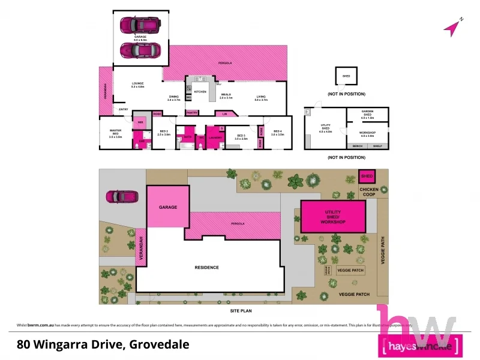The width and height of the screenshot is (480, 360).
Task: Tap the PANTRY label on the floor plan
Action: pyautogui.click(x=192, y=113)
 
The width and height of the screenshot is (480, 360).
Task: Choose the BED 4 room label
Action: pyautogui.click(x=277, y=133)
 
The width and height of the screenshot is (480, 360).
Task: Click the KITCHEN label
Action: pyautogui.click(x=200, y=92)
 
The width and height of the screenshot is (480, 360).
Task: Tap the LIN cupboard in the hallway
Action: pyautogui.click(x=225, y=113)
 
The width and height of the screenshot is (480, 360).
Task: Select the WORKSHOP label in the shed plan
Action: pyautogui.click(x=367, y=133)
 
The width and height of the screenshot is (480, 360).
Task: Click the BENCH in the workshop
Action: pyautogui.click(x=358, y=146)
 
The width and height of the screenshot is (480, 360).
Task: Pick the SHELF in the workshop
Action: pyautogui.click(x=377, y=146)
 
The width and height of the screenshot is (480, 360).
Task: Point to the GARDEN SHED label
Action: pyautogui.click(x=367, y=113)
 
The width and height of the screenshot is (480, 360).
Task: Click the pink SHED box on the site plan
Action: pyautogui.click(x=367, y=176)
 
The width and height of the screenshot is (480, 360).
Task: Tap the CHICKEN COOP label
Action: pyautogui.click(x=368, y=190)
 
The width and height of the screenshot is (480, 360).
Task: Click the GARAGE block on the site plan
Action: pyautogui.click(x=168, y=207)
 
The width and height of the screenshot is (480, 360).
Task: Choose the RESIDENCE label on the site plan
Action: pyautogui.click(x=206, y=267)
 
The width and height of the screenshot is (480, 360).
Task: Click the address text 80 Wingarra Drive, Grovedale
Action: pyautogui.click(x=103, y=344)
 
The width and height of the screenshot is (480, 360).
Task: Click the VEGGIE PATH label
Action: pyautogui.click(x=385, y=253)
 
